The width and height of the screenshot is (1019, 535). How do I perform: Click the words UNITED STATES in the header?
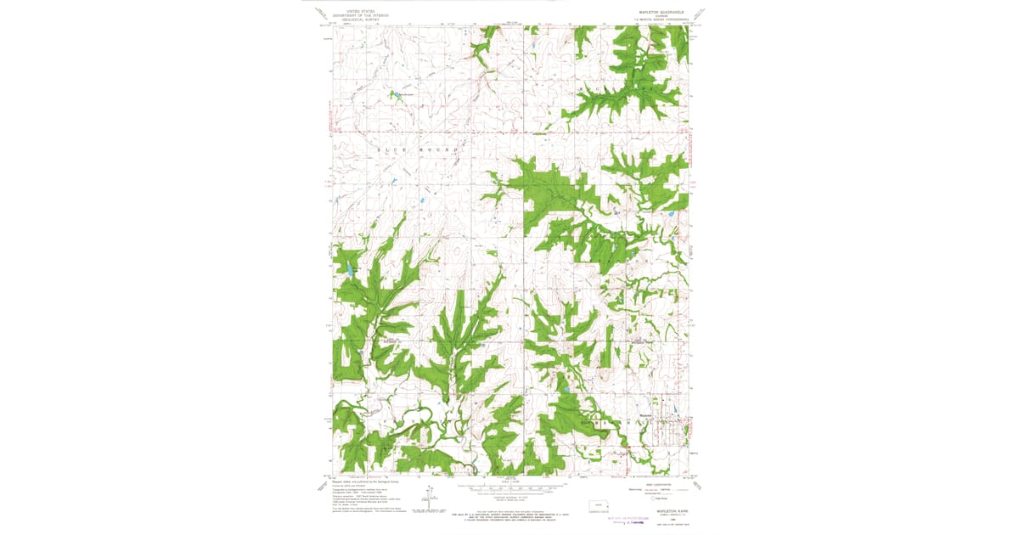coord(357,11)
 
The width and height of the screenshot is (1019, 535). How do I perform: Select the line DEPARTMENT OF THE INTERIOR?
coord(357,15)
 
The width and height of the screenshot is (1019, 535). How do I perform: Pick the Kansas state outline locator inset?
coord(600,508)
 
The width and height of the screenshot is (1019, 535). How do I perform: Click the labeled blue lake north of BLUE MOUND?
coord(396,94)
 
